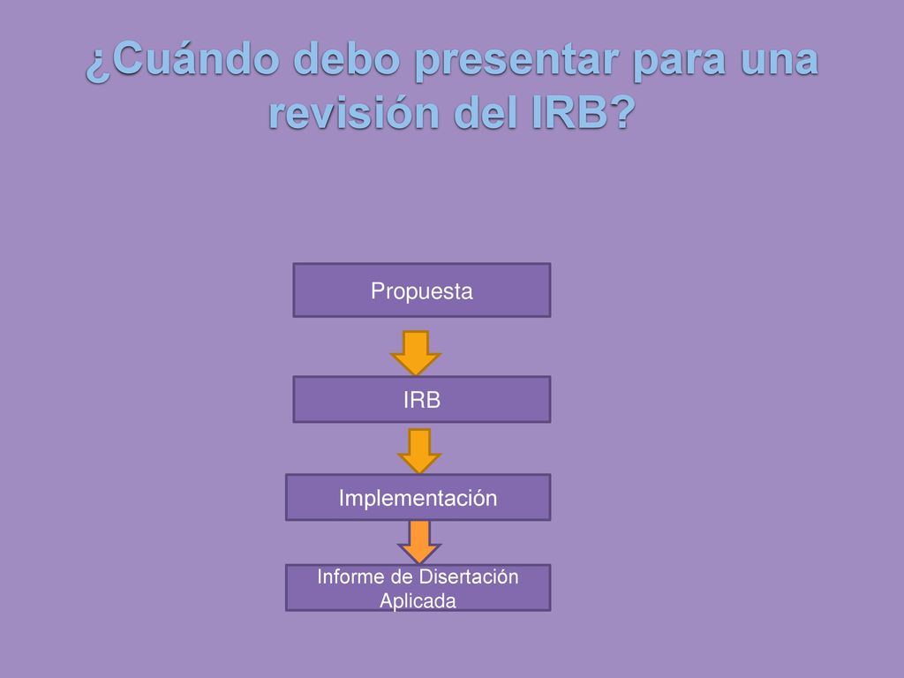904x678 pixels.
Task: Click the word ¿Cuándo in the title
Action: [x=184, y=59]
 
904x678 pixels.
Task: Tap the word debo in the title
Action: [x=346, y=59]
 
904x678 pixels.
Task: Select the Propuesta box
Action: [x=421, y=290]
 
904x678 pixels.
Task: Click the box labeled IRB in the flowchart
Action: [x=421, y=399]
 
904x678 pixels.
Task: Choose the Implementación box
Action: [x=418, y=497]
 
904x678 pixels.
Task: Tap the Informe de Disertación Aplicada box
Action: [x=418, y=587]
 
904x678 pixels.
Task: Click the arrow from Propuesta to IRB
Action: [x=416, y=352]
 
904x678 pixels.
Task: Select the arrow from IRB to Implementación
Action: [x=419, y=451]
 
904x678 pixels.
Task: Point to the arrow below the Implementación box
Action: [x=419, y=542]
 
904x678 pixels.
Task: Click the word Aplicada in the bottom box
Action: [x=418, y=600]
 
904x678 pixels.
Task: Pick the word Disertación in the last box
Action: [x=469, y=576]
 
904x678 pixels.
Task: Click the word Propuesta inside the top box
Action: [x=421, y=291]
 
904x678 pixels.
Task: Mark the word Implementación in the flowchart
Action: [x=418, y=498]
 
